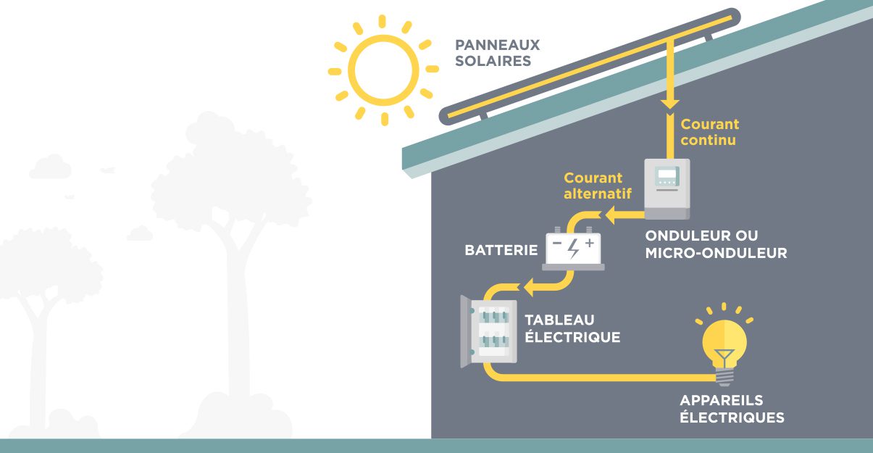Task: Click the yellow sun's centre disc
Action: point(383,70)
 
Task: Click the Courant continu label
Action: point(709,132)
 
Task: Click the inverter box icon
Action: point(667,188)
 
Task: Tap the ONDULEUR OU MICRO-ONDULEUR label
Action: point(716,245)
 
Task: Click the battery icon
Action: point(572,250)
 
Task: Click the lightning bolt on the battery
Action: point(573,248)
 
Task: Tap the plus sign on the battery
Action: point(589,243)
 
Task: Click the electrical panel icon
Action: point(490,331)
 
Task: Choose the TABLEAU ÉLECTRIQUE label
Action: point(572,329)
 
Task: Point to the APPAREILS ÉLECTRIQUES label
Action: point(732,410)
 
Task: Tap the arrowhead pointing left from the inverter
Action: point(610,215)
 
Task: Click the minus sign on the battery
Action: point(557,244)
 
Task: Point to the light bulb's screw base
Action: point(724,375)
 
